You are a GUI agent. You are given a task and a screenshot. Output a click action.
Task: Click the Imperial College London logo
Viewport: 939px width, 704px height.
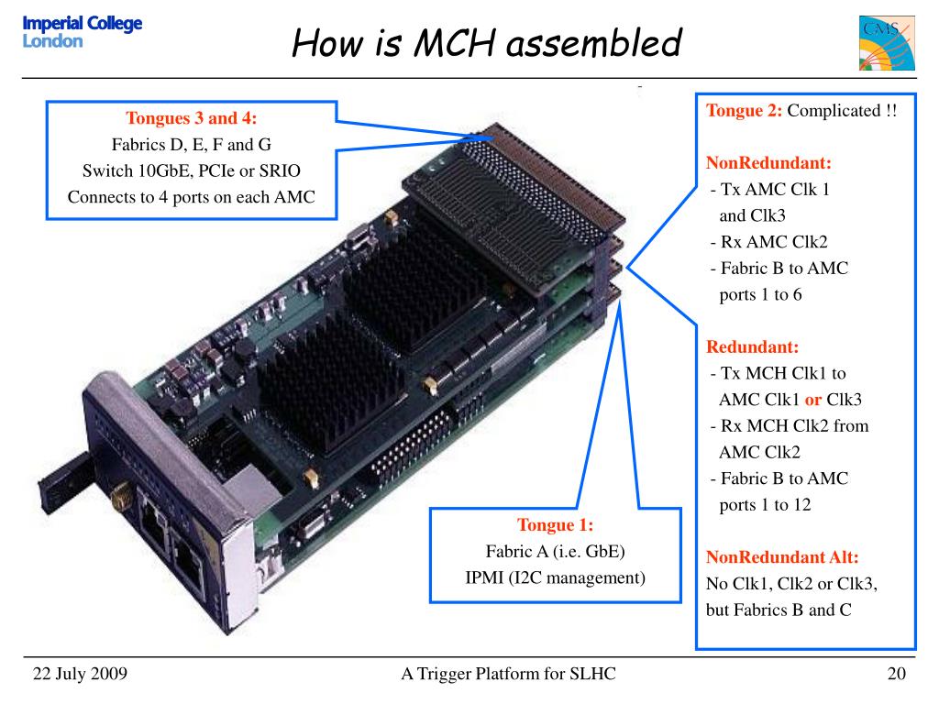(82, 32)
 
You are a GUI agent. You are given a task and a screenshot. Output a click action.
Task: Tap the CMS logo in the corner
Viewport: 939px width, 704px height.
(887, 43)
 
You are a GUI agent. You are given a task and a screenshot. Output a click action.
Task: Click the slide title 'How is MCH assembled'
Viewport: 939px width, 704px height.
(487, 43)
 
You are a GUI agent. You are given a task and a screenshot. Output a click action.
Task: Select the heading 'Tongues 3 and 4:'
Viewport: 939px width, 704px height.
(191, 118)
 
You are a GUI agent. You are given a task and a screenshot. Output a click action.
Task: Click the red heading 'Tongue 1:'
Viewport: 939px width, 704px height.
(555, 525)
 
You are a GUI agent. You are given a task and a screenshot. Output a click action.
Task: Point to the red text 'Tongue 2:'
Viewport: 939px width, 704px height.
(744, 111)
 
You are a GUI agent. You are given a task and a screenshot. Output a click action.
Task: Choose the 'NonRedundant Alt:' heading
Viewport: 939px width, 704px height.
(782, 557)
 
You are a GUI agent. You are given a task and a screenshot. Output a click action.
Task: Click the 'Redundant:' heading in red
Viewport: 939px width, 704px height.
(752, 347)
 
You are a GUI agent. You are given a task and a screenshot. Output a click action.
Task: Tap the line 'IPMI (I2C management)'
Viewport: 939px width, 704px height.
(555, 577)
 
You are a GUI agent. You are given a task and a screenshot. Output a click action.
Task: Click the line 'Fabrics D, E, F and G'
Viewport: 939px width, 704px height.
(191, 144)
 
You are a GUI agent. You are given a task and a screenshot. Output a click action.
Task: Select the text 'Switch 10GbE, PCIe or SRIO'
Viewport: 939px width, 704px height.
(191, 170)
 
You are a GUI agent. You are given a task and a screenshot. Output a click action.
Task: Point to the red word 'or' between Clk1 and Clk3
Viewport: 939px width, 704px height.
(812, 400)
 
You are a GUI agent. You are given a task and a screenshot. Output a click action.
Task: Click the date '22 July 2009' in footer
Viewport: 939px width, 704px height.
(80, 674)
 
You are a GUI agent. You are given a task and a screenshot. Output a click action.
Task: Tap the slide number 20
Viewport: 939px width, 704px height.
(896, 674)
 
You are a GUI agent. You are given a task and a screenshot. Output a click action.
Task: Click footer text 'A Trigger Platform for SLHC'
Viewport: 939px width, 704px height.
(508, 674)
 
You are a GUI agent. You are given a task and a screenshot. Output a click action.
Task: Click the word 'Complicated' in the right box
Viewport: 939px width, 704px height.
(834, 111)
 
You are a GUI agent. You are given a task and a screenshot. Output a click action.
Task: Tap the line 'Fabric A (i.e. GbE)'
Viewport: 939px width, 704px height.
(555, 551)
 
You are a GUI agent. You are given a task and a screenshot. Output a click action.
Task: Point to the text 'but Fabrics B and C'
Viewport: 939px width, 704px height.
(779, 610)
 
